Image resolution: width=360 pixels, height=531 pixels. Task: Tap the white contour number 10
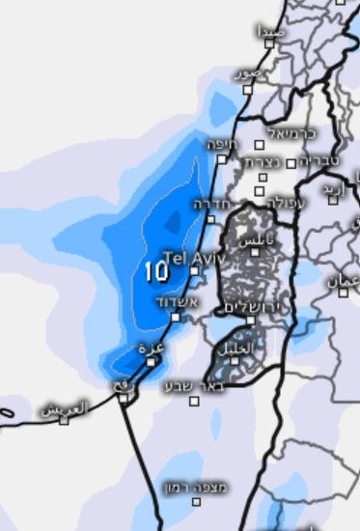(x=156, y=271)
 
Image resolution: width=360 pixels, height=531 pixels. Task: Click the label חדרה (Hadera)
(x=209, y=205)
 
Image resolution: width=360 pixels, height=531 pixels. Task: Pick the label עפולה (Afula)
(x=287, y=204)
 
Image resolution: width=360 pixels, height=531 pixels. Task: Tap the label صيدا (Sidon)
(x=269, y=32)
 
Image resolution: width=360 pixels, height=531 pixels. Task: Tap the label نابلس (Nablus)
(x=257, y=238)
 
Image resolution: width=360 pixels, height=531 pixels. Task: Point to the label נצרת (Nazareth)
(x=262, y=163)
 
